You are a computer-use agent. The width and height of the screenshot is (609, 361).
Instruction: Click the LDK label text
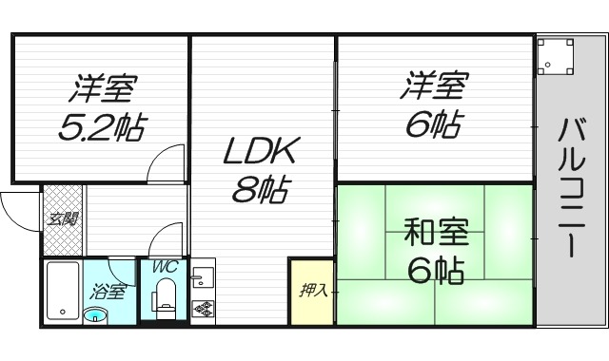(262, 152)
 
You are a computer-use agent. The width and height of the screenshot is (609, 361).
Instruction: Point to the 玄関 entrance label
(64, 219)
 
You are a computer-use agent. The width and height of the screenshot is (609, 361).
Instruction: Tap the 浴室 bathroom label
(107, 292)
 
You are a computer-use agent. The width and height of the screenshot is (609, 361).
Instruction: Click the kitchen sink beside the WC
(202, 277)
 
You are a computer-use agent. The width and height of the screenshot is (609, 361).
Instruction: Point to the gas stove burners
(203, 308)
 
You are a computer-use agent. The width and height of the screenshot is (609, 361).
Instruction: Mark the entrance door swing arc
(19, 207)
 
